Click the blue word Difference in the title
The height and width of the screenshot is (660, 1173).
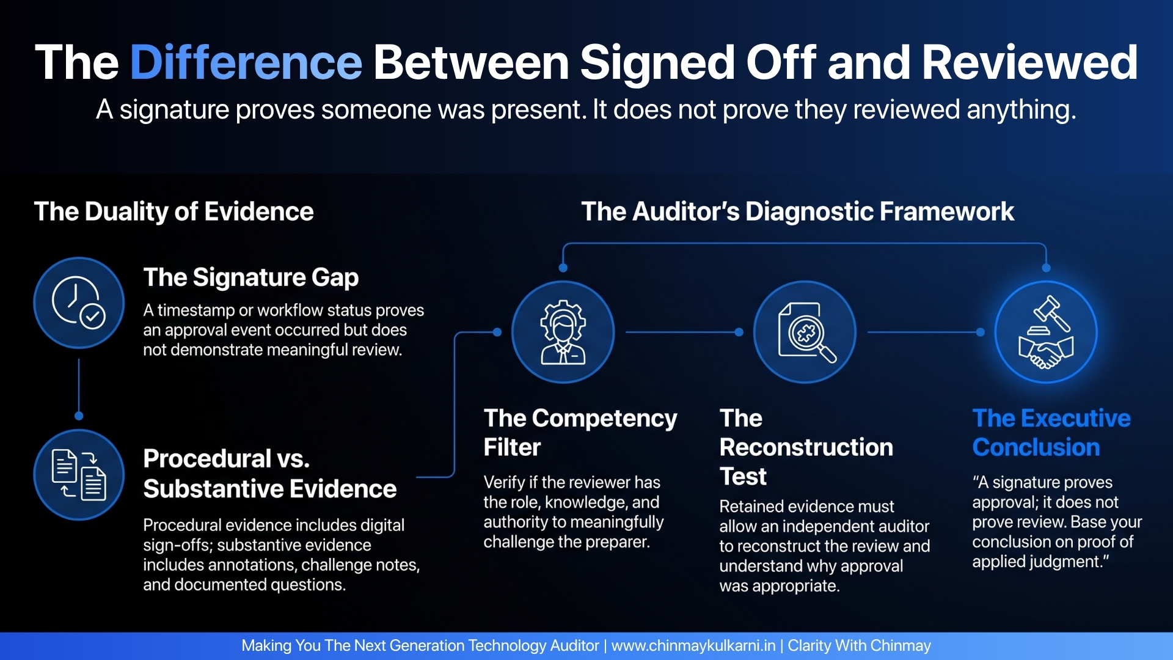(x=246, y=62)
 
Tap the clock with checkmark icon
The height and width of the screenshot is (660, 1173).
(x=79, y=302)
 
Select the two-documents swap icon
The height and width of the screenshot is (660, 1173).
(x=79, y=475)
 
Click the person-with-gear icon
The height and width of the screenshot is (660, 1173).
(x=563, y=332)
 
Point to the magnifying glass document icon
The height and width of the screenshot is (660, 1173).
(x=805, y=332)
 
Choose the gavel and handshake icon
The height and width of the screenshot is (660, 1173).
(x=1046, y=332)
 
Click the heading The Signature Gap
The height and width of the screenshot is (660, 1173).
(x=251, y=277)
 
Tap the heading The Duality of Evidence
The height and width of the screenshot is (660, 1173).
(x=174, y=211)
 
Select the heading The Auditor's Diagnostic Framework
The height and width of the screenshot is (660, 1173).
(x=798, y=211)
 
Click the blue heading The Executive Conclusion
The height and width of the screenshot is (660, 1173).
(x=1051, y=433)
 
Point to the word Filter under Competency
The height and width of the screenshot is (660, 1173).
(x=512, y=447)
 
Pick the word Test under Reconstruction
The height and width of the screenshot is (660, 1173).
(x=743, y=476)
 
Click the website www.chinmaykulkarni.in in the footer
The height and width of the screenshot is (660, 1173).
(x=693, y=646)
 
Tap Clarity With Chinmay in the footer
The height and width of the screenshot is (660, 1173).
(x=859, y=646)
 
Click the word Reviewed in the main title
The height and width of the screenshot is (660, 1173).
(x=1029, y=62)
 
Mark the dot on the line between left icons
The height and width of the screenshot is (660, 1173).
(x=79, y=416)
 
